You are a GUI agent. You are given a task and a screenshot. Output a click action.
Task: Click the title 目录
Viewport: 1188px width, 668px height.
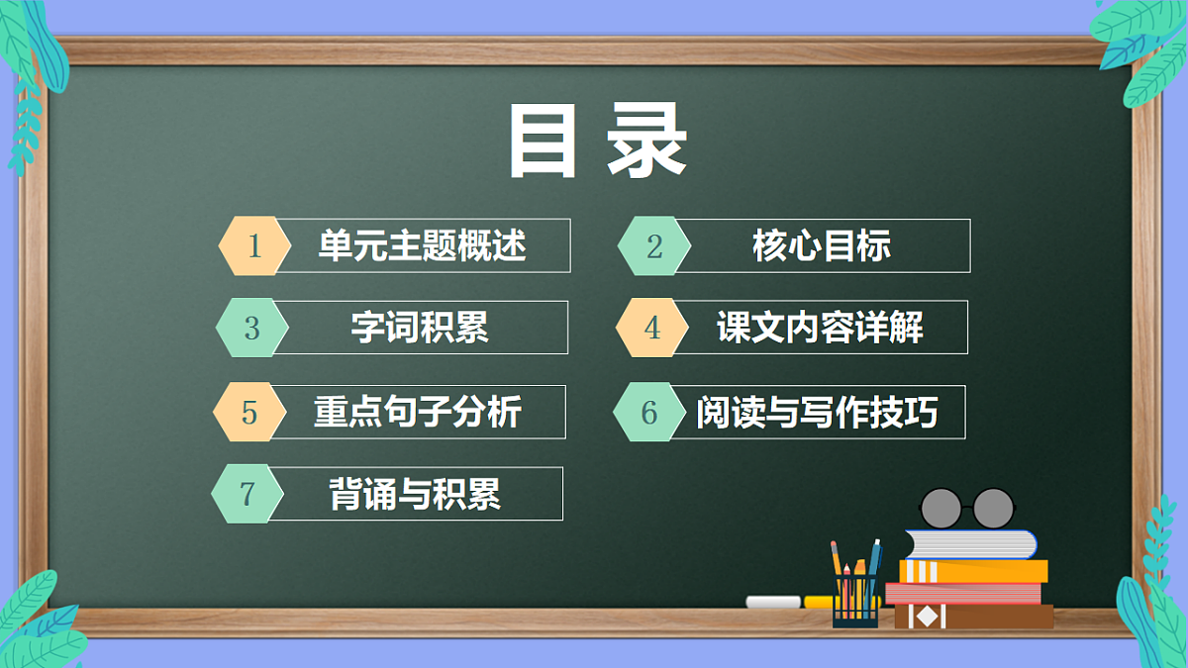598,143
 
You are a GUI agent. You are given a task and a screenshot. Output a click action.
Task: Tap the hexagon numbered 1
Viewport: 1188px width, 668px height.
254,245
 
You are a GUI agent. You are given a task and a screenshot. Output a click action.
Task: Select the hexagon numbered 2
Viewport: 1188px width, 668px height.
654,245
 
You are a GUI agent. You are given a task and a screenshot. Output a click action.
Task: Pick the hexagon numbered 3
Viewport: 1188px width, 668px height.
251,328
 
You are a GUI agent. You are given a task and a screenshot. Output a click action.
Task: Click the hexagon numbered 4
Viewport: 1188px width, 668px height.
651,328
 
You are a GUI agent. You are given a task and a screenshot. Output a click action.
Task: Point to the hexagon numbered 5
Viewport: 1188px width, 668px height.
248,412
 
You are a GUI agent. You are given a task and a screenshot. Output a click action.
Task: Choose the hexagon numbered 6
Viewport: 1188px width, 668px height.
649,412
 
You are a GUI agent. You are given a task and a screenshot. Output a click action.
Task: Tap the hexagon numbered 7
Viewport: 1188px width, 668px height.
247,493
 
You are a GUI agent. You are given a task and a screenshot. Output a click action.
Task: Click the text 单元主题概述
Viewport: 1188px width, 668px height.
422,245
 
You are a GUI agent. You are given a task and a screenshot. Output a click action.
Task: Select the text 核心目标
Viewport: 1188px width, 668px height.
822,245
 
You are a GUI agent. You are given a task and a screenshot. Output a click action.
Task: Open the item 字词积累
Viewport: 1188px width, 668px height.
420,328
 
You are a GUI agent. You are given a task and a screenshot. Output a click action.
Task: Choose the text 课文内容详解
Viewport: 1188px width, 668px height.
820,328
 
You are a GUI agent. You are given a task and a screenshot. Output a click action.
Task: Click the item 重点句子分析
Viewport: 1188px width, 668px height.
418,412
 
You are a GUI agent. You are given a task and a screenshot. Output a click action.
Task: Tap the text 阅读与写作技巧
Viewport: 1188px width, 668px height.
817,413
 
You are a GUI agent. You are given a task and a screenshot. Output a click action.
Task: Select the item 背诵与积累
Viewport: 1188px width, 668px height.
415,493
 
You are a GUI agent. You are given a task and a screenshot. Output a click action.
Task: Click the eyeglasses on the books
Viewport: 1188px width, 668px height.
966,508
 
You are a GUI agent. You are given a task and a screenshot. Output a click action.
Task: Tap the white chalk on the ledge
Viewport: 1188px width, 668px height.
773,602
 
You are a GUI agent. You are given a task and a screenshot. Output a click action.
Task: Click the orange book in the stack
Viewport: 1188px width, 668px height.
973,571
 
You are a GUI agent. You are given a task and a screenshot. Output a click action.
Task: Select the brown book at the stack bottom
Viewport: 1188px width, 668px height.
973,617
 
